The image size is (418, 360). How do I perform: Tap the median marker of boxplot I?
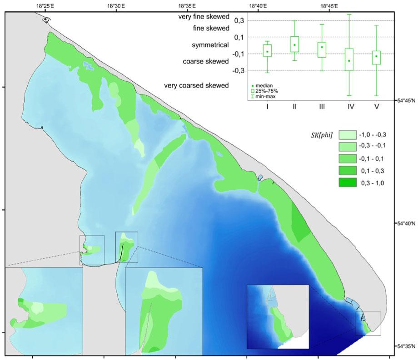tap(267, 52)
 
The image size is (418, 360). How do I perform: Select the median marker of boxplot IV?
tap(349, 60)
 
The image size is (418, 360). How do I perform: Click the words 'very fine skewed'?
tap(203, 17)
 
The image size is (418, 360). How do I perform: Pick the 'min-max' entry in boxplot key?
tap(266, 97)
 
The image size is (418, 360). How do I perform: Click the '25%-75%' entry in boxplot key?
tap(267, 91)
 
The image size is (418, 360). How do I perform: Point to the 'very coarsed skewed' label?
tap(196, 85)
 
